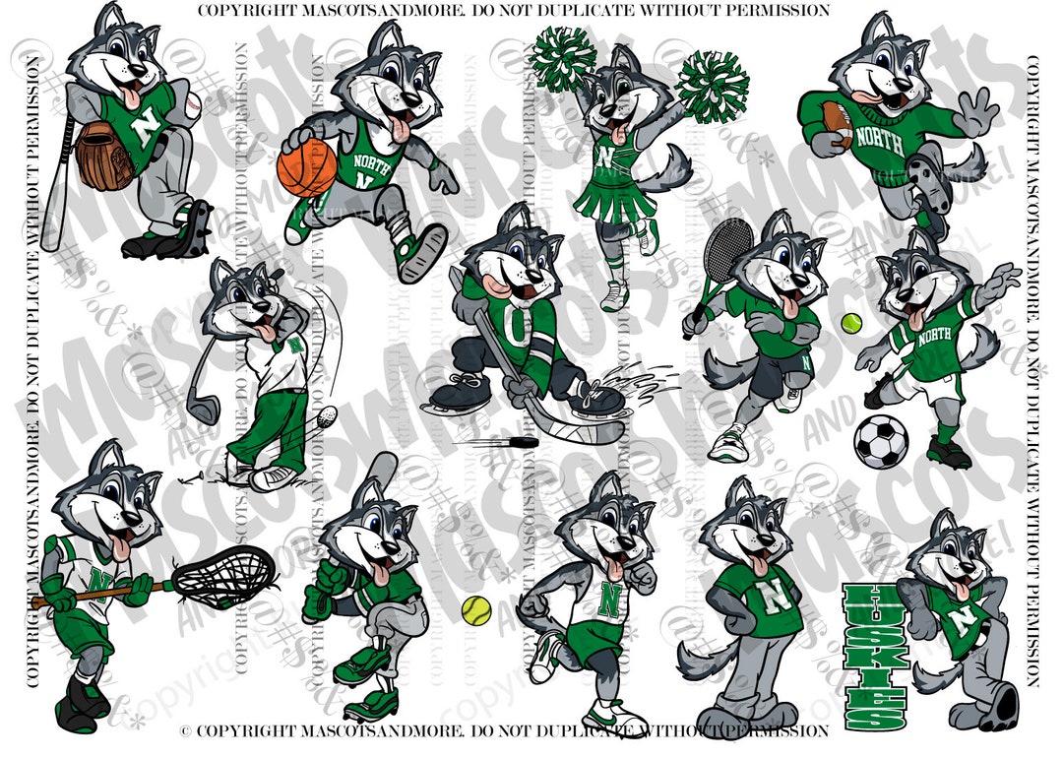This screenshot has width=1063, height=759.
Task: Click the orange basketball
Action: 306,166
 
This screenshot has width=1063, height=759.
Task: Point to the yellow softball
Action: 475,609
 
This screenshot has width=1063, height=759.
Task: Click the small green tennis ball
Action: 850,322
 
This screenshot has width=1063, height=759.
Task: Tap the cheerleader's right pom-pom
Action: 711,87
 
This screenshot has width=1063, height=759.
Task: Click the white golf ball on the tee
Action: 328,414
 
